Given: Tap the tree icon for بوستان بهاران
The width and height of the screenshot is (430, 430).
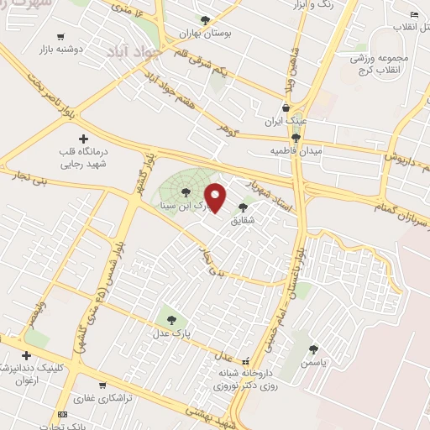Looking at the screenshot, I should point(205,19).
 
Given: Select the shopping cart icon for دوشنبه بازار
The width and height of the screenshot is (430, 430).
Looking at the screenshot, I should point(60,36).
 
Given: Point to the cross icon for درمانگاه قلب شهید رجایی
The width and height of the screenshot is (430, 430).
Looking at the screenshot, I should point(82,138).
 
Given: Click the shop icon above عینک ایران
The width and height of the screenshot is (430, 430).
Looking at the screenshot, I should point(287,107).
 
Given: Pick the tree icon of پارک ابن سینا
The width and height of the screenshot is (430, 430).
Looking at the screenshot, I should point(186,192).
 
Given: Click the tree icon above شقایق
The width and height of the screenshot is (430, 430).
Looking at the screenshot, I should point(244,207).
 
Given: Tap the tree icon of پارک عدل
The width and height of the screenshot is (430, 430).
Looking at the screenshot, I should point(171,319).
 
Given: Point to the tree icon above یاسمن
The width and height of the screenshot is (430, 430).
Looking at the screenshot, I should point(313,349).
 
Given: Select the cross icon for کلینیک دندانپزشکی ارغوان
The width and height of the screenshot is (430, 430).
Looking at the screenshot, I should point(26,356).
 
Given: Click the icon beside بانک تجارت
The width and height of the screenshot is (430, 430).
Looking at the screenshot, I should point(62,415).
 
